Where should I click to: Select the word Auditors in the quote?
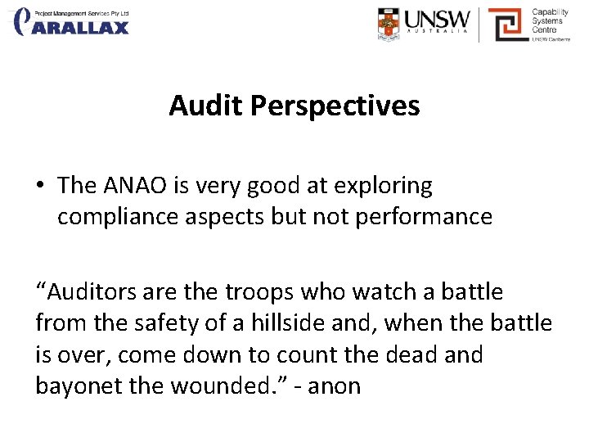(x=88, y=291)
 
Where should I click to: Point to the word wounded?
(x=222, y=386)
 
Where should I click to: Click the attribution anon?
(x=333, y=386)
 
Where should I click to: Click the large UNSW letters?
(x=438, y=20)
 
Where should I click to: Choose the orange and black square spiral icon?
(x=507, y=24)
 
